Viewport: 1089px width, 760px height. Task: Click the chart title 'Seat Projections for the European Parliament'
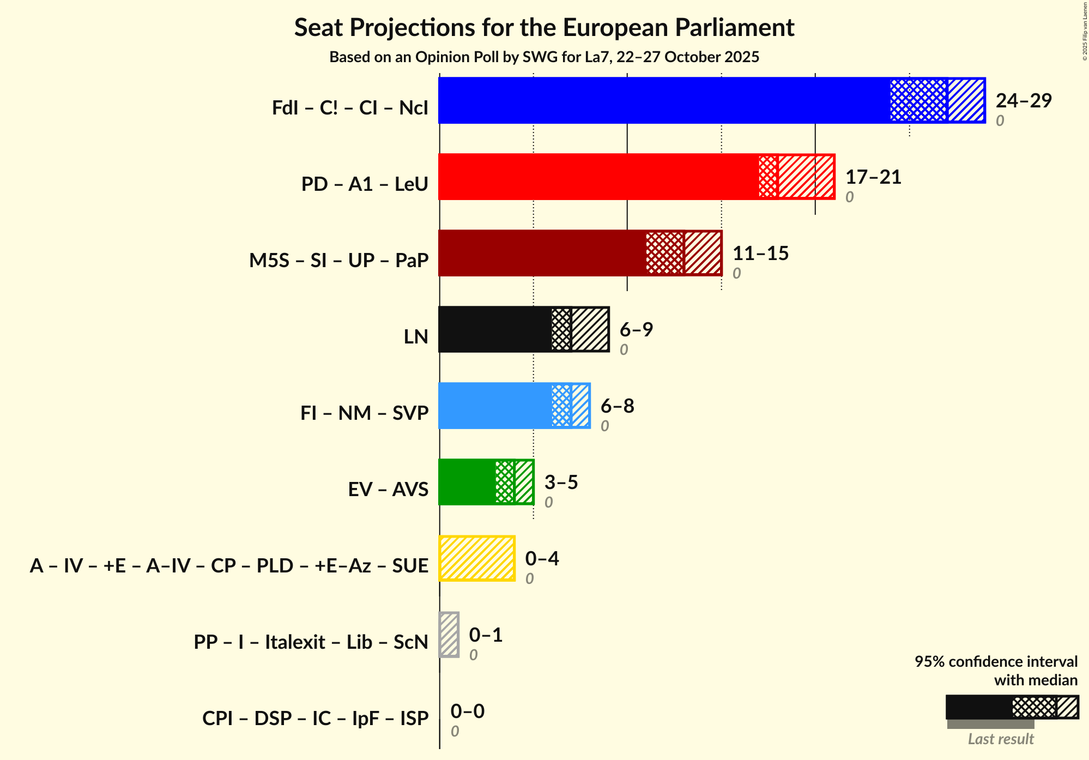point(544,28)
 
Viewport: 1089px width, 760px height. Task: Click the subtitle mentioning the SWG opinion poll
point(544,57)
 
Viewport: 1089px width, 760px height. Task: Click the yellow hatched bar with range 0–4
point(477,558)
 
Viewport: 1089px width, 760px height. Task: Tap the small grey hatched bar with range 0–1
point(449,635)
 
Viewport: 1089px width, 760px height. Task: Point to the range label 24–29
point(1023,101)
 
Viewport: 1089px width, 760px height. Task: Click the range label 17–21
point(873,177)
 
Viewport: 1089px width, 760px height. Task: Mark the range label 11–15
point(760,254)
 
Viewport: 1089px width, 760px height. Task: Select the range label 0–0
point(467,711)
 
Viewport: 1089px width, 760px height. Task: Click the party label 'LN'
point(416,337)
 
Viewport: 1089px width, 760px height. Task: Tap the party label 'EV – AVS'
point(388,490)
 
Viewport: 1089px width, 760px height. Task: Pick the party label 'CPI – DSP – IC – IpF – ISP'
point(315,719)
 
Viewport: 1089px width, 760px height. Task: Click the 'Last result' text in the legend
point(1001,739)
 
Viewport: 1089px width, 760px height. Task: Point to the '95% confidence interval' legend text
point(996,662)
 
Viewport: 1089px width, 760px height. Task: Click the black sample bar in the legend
point(979,707)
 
